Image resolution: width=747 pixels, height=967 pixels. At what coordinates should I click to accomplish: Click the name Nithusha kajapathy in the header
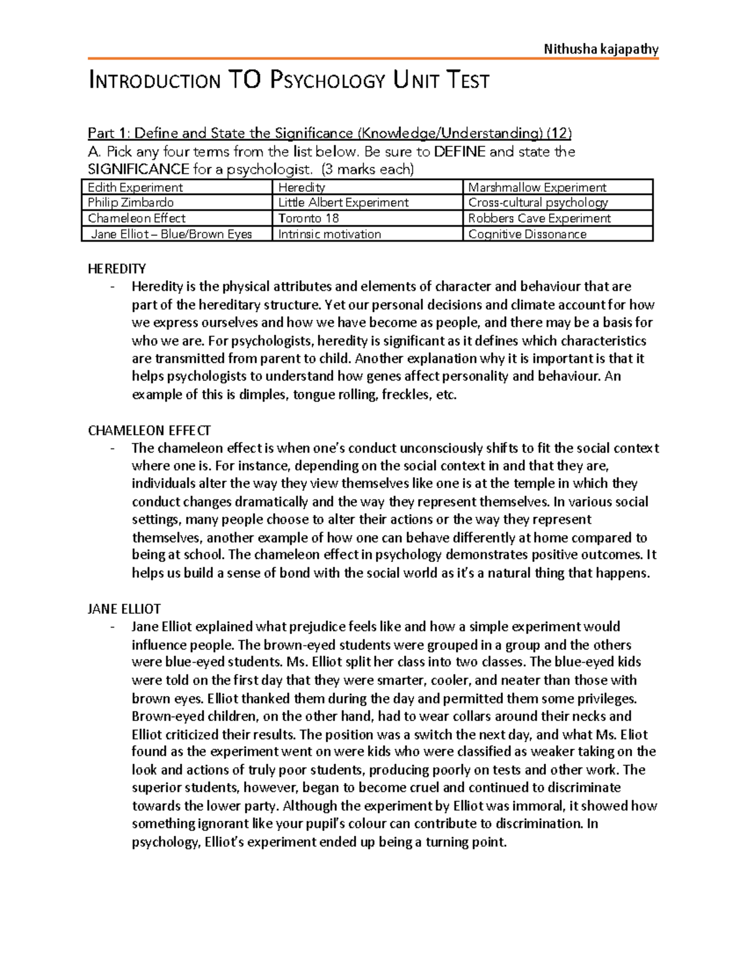pyautogui.click(x=601, y=49)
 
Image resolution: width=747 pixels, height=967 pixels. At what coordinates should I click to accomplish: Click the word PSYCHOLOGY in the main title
pyautogui.click(x=327, y=81)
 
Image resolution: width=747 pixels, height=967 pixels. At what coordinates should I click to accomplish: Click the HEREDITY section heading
pyautogui.click(x=117, y=269)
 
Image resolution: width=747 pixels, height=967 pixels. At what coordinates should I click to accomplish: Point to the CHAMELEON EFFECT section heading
pyautogui.click(x=149, y=430)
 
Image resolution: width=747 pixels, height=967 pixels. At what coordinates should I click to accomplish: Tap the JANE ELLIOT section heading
pyautogui.click(x=125, y=609)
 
